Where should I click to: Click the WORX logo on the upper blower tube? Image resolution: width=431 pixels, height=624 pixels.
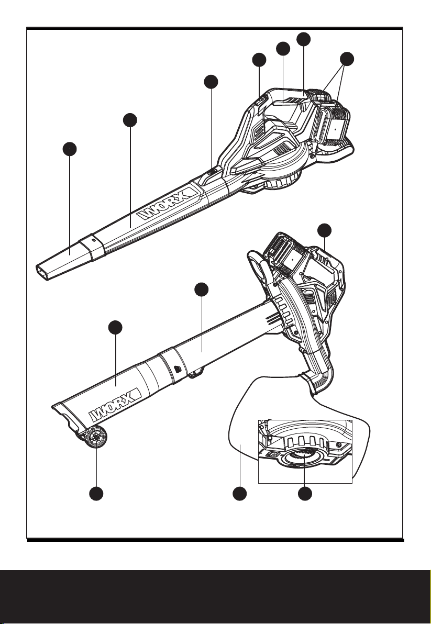click(168, 204)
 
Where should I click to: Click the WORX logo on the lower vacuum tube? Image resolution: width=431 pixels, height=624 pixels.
click(115, 404)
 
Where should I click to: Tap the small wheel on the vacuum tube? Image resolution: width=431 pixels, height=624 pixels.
click(97, 437)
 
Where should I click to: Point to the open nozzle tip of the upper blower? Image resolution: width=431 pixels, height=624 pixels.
click(46, 272)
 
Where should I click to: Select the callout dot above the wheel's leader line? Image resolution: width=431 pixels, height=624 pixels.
click(96, 494)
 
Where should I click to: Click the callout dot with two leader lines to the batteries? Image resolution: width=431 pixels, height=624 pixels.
click(347, 59)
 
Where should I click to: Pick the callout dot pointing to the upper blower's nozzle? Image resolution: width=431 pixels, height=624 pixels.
click(70, 149)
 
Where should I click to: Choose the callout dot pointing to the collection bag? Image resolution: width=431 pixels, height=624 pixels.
click(239, 494)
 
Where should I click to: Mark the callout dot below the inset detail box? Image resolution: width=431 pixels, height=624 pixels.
click(305, 494)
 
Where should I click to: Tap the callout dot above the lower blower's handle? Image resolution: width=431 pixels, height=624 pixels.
click(325, 230)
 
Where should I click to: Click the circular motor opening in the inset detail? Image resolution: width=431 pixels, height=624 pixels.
click(304, 457)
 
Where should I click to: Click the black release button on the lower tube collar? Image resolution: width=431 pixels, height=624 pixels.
click(177, 369)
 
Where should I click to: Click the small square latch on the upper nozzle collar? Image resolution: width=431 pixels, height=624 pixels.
click(94, 240)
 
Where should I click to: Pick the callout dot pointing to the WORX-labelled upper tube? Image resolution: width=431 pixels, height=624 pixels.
click(130, 120)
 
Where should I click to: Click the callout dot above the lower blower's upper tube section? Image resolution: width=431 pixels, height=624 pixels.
click(202, 289)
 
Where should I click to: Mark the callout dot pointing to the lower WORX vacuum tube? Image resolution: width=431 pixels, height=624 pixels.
click(115, 327)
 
